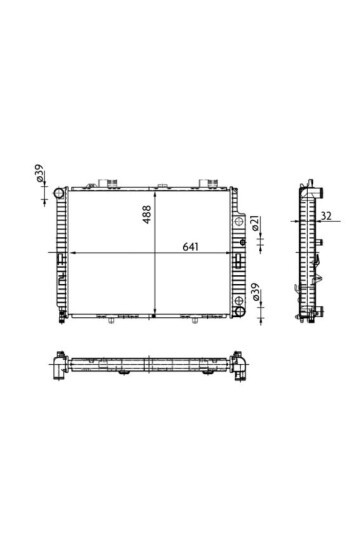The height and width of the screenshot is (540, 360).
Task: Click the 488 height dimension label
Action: click(x=147, y=214)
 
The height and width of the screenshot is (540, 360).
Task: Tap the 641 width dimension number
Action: click(x=191, y=247)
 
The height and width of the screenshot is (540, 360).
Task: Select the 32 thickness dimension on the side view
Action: click(x=326, y=216)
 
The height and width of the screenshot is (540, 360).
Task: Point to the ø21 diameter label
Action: click(x=256, y=223)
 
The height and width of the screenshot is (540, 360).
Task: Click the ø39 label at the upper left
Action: click(x=40, y=173)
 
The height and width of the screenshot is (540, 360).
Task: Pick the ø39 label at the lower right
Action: click(x=256, y=291)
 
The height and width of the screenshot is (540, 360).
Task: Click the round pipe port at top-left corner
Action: click(x=59, y=193)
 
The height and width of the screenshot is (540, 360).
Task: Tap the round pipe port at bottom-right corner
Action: click(x=239, y=312)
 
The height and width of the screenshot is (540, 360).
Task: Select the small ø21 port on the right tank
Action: click(x=243, y=242)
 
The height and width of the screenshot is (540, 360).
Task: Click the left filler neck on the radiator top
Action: click(x=107, y=183)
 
